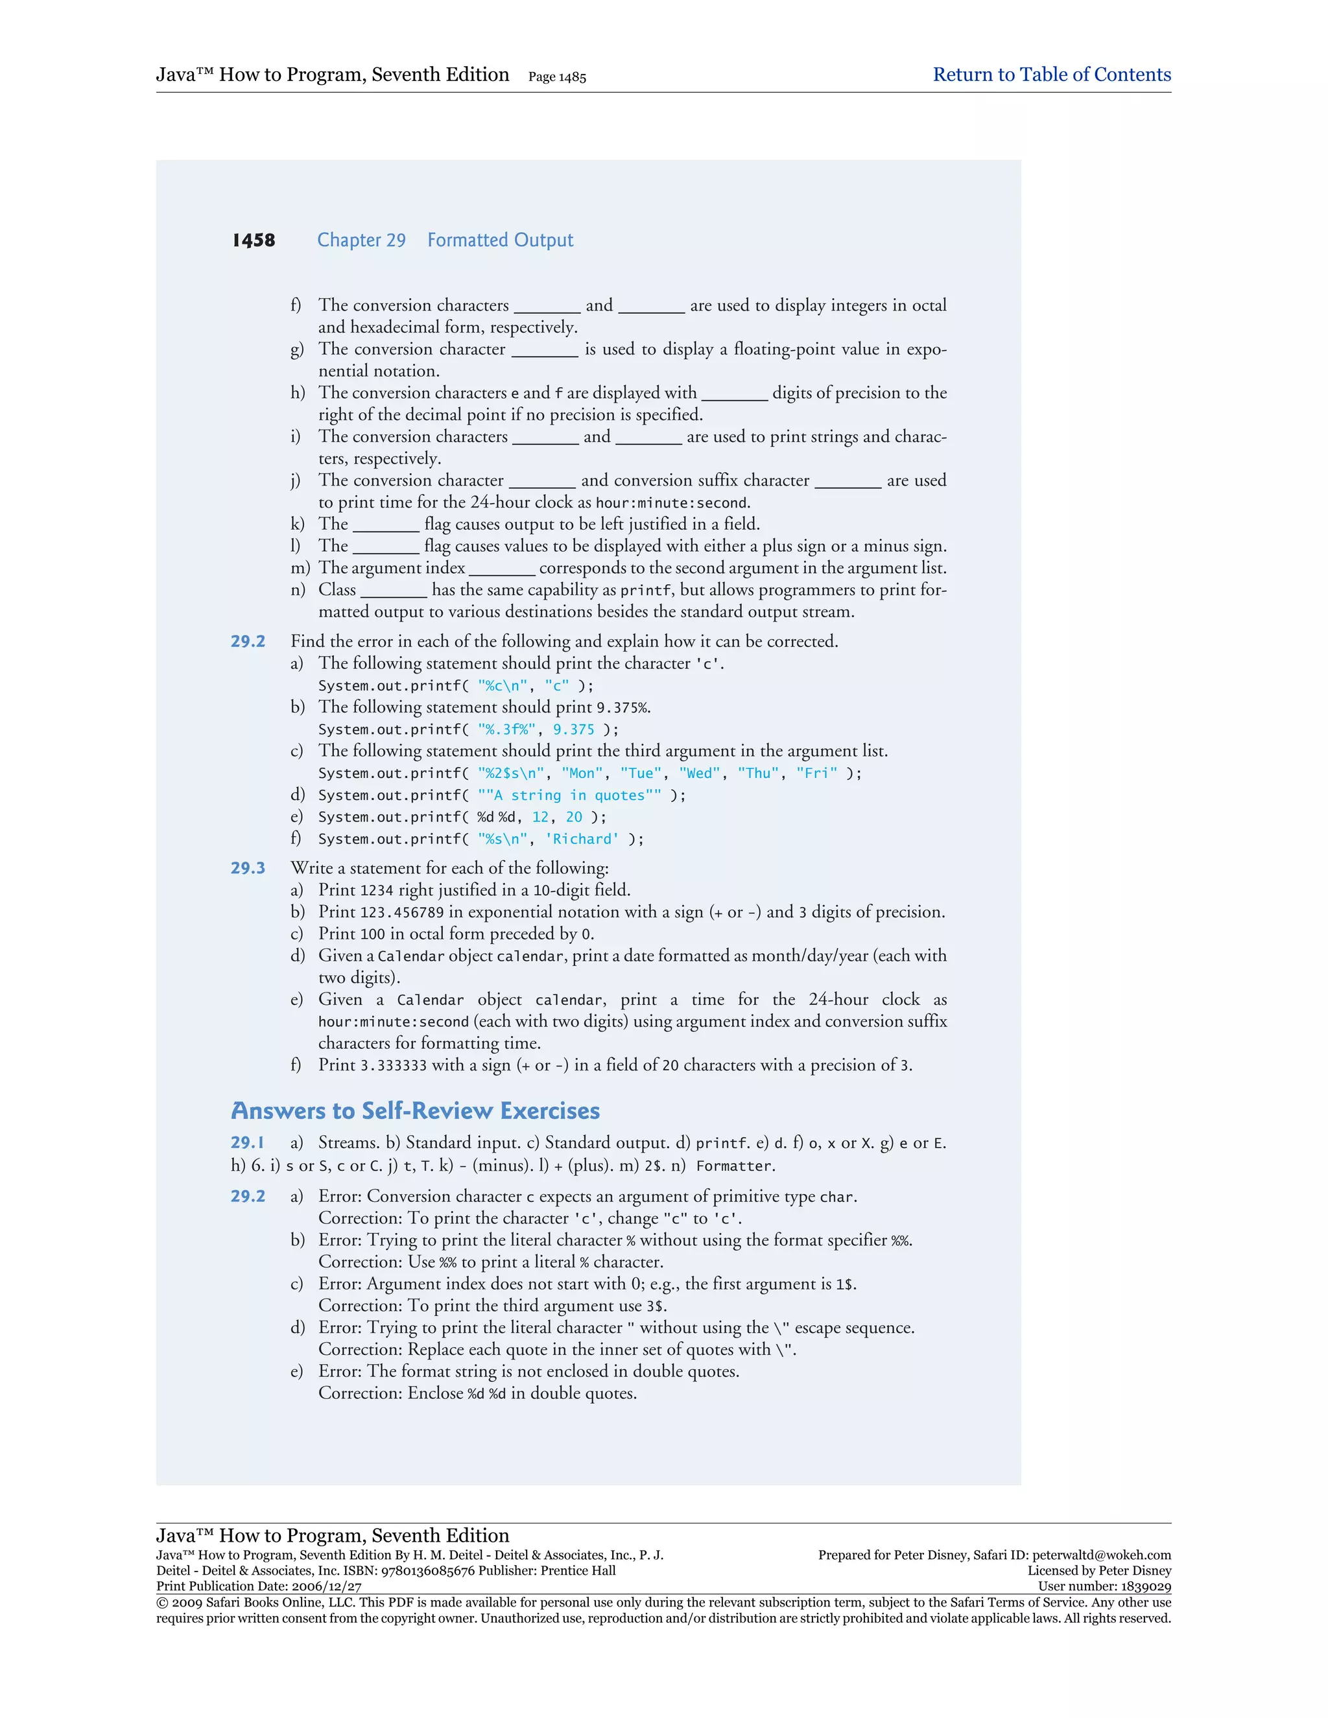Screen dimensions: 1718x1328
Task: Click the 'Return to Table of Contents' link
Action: (x=1051, y=75)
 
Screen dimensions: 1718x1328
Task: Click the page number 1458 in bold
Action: (x=254, y=240)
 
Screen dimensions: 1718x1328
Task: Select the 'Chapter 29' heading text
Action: (x=361, y=240)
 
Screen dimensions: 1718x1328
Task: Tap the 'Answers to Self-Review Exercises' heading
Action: (x=416, y=1111)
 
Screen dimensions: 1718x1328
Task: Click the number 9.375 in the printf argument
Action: (x=573, y=729)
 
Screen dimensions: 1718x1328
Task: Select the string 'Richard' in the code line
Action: (x=582, y=840)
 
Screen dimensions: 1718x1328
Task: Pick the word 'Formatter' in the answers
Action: (x=735, y=1166)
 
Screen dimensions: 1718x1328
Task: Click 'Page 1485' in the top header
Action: (x=557, y=76)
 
